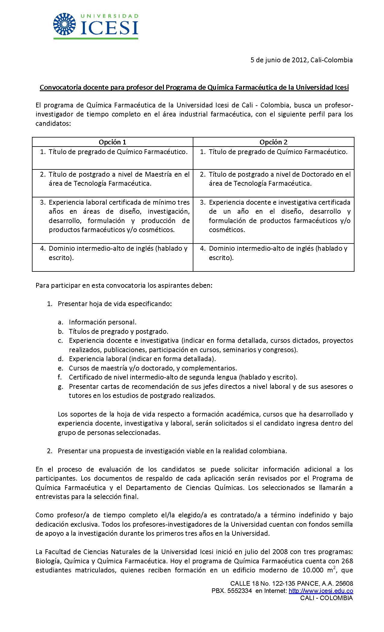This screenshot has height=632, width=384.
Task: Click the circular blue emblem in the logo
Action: [x=66, y=24]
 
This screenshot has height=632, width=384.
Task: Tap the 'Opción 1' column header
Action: [x=112, y=142]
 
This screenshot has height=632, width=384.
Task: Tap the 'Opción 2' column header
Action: [x=273, y=142]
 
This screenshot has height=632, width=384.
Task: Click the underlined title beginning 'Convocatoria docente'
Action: [x=194, y=88]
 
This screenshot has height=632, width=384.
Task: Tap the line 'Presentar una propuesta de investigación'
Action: [x=172, y=451]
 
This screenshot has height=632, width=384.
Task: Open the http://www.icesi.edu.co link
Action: [x=321, y=591]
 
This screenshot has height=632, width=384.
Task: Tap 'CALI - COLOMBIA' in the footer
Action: [x=326, y=598]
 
